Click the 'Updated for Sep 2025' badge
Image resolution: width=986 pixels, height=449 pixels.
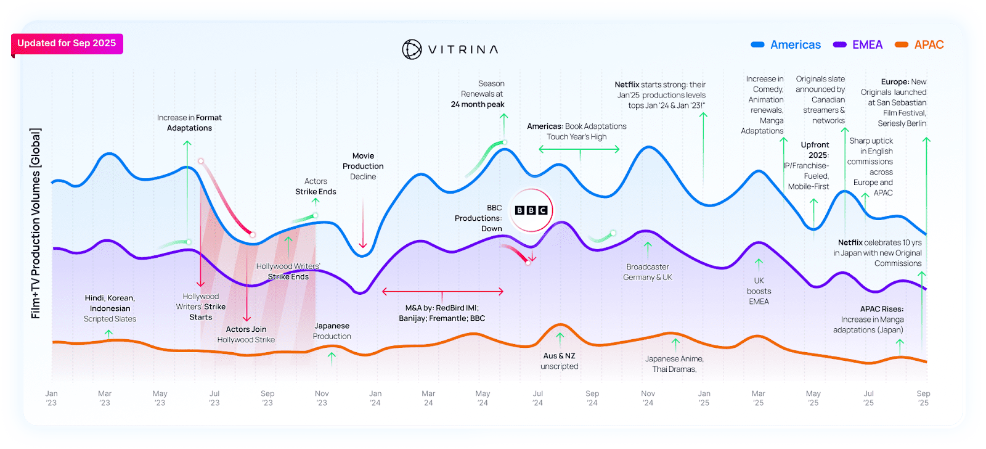coord(67,43)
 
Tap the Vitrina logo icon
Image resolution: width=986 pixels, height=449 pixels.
coord(412,49)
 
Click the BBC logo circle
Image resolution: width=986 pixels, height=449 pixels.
coord(531,210)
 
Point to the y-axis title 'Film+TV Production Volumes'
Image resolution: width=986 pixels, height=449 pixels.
coord(36,223)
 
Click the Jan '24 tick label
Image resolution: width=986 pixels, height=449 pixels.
coord(375,398)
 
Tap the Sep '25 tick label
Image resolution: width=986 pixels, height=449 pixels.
coord(923,398)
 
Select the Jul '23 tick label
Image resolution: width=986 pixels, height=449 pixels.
coord(214,398)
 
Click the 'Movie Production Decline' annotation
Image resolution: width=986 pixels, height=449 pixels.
coord(363,167)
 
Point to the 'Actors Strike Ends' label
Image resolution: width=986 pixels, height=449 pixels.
coord(316,186)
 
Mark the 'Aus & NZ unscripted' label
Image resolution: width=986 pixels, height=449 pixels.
coord(560,361)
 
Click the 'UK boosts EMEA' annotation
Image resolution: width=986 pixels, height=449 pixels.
coord(759,291)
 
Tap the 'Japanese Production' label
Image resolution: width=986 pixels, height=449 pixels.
coord(332,331)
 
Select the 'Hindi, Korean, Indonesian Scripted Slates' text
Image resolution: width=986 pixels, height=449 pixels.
coord(110,308)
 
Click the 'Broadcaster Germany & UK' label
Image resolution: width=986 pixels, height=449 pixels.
coord(648,272)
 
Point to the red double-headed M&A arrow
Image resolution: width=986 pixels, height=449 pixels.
coord(442,291)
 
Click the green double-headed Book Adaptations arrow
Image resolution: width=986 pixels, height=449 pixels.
coord(579,149)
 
